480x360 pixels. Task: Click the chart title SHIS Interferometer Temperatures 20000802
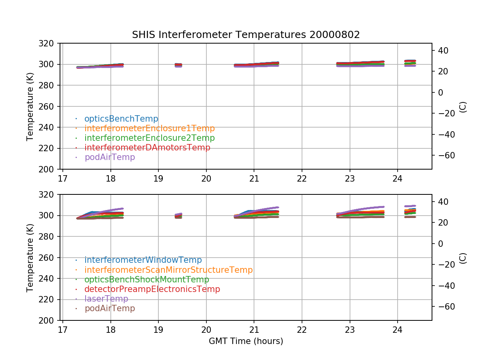point(246,35)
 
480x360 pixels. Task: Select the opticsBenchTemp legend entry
point(121,119)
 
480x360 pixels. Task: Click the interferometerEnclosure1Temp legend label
point(150,128)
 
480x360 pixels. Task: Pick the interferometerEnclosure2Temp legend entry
point(150,138)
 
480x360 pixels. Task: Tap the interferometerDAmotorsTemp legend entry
point(147,148)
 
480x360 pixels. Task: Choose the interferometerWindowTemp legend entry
point(143,260)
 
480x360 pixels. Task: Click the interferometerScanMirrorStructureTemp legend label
point(168,270)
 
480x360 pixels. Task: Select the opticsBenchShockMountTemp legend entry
point(147,280)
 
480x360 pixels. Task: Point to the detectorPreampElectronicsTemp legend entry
point(152,289)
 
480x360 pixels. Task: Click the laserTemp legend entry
point(106,299)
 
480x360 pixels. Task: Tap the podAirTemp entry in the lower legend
point(110,308)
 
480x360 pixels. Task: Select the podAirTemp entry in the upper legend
point(110,157)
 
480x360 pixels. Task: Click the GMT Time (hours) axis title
point(246,341)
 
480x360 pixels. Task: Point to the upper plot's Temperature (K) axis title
point(30,106)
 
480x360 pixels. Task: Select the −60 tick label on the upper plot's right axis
point(444,155)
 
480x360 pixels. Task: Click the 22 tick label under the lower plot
point(302,329)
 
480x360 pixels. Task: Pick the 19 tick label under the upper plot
point(158,178)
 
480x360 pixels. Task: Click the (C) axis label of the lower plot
point(463,258)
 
